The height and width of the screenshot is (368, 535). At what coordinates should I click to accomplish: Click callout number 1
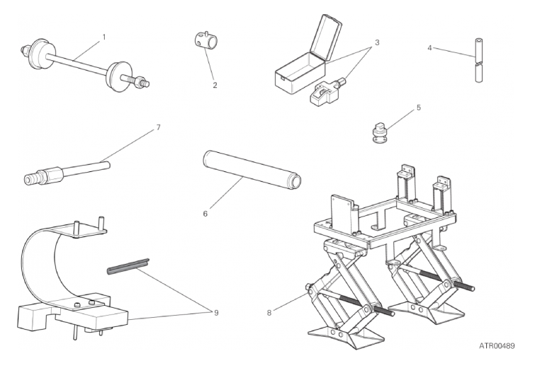[x=104, y=37]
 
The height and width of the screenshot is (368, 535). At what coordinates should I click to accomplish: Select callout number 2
[x=215, y=85]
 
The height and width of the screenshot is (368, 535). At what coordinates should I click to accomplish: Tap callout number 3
[x=377, y=42]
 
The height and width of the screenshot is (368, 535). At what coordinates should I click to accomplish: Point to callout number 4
[x=429, y=48]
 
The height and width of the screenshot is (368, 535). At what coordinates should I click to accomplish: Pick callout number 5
[x=419, y=108]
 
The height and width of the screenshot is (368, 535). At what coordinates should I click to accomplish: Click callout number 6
[x=205, y=214]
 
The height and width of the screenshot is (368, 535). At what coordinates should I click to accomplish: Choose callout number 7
[x=158, y=127]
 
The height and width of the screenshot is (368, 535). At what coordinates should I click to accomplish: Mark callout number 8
[x=269, y=313]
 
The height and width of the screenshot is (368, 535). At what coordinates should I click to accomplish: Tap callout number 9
[x=216, y=313]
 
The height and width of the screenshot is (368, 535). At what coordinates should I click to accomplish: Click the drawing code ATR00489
[x=497, y=346]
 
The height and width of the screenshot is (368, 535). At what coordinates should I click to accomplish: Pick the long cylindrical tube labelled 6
[x=252, y=171]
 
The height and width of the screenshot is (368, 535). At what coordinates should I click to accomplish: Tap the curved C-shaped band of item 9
[x=36, y=269]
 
